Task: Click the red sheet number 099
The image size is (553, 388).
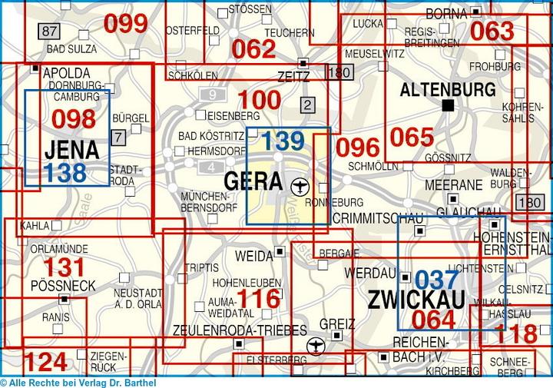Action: coord(125,24)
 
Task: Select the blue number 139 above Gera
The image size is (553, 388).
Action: coord(283,141)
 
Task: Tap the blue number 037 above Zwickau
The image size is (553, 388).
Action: coord(436,280)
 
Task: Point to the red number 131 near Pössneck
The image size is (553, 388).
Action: coord(64,267)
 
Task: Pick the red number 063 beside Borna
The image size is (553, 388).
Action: coord(492,31)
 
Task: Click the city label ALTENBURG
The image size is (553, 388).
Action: coord(448,89)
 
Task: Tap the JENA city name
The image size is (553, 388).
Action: coord(71,149)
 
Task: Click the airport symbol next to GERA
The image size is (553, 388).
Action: coord(300,184)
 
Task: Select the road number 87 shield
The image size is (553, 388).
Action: coord(50,31)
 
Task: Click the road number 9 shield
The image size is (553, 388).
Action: coord(211,95)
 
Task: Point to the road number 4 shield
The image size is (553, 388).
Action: coord(211,167)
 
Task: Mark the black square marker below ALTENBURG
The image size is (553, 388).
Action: coord(448,105)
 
